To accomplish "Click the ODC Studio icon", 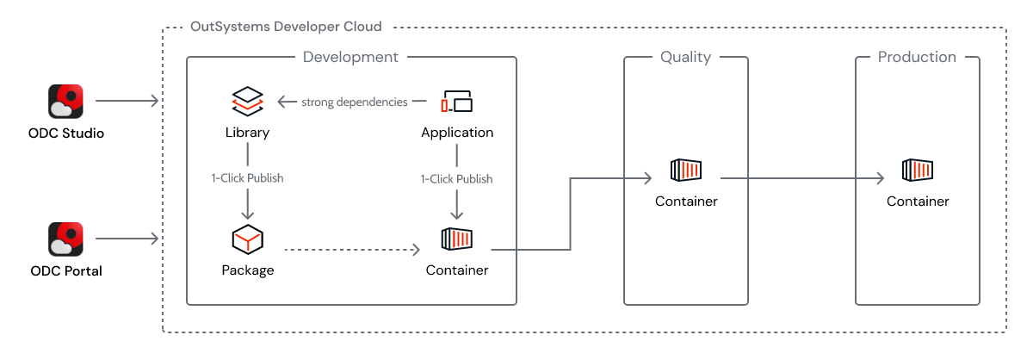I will point(65,101).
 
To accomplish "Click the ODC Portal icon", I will point(65,239).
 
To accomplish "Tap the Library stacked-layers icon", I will point(247,102).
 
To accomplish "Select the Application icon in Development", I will point(457,102).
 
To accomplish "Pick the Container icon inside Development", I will point(457,239).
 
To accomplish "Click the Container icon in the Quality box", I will point(686,170).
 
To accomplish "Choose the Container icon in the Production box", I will point(918,170).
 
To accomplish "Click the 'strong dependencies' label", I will point(354,102).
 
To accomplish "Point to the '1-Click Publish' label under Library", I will point(247,178).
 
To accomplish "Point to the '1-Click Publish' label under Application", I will point(457,178).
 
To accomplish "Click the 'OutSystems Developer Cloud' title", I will point(285,27).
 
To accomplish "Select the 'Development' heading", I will point(350,57).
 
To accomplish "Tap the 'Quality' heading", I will point(685,57).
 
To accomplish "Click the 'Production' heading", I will point(917,57).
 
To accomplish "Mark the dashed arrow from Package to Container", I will point(351,250).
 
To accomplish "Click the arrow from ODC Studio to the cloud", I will point(127,102).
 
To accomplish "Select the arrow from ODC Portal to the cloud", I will point(127,239).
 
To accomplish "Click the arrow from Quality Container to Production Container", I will point(801,179).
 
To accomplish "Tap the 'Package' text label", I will point(247,270).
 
